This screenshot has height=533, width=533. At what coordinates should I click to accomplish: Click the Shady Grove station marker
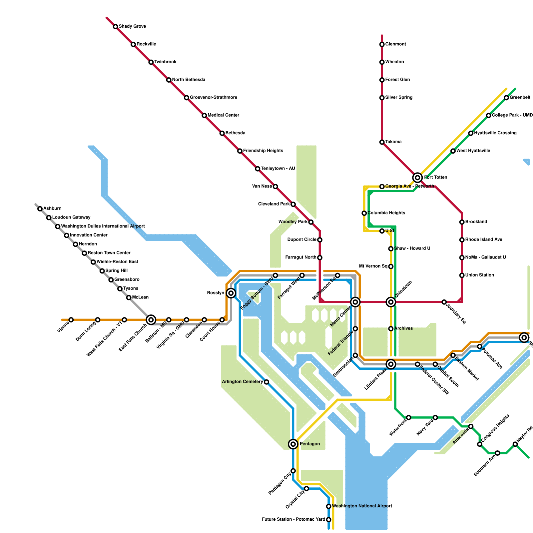tap(115, 27)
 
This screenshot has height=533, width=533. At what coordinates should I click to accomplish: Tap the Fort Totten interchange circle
tap(417, 178)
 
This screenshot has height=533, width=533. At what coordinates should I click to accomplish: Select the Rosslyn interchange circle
tap(231, 293)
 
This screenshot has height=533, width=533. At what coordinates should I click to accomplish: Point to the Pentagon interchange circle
tap(293, 444)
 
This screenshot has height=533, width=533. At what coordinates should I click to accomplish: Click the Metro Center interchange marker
tap(355, 302)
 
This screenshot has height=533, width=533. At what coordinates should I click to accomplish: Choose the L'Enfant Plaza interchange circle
tap(391, 364)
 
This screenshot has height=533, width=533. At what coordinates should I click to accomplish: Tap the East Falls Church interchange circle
tap(151, 320)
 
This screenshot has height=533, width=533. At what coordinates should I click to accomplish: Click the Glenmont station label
tap(395, 44)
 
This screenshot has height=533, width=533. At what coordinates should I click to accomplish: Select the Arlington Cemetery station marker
tap(266, 382)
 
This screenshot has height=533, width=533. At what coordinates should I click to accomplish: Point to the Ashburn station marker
tap(40, 209)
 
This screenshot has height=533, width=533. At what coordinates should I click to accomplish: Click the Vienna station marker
tap(71, 320)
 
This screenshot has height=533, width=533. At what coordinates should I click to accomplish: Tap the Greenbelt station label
tap(520, 98)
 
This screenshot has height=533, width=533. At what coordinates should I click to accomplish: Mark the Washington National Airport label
tap(362, 506)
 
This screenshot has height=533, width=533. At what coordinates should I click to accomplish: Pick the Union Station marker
tap(462, 275)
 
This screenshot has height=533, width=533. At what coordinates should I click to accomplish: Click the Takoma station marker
tap(382, 142)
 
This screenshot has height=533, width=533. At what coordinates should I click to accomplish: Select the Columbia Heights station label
tap(386, 213)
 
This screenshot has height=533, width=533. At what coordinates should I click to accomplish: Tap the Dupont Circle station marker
tap(320, 240)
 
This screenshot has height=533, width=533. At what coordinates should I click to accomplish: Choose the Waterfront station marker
tap(408, 417)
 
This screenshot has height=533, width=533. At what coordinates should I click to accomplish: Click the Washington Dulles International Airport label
tap(103, 226)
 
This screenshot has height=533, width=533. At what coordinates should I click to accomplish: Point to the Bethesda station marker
tap(222, 133)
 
